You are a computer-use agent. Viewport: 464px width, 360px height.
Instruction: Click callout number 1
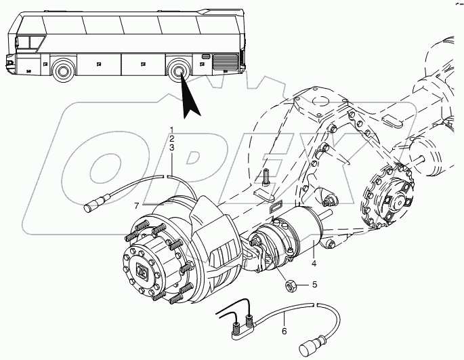[172, 129]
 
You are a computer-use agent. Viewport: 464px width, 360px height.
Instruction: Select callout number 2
[172, 138]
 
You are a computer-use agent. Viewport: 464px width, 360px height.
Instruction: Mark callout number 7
[137, 205]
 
